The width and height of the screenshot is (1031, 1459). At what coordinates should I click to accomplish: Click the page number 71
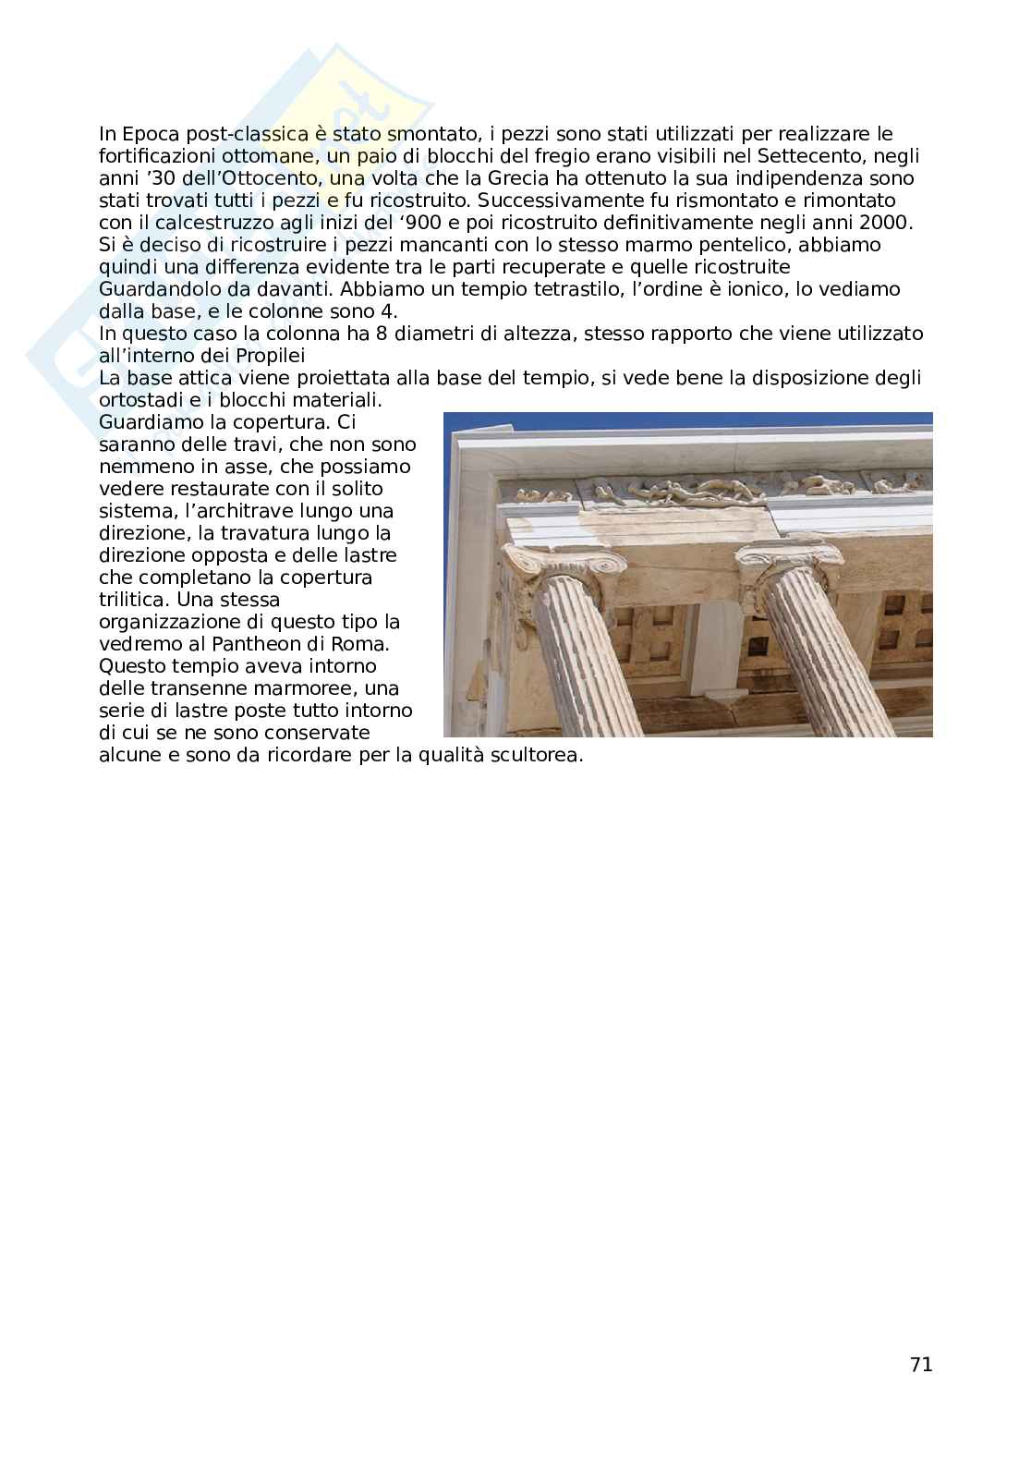coord(920,1365)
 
